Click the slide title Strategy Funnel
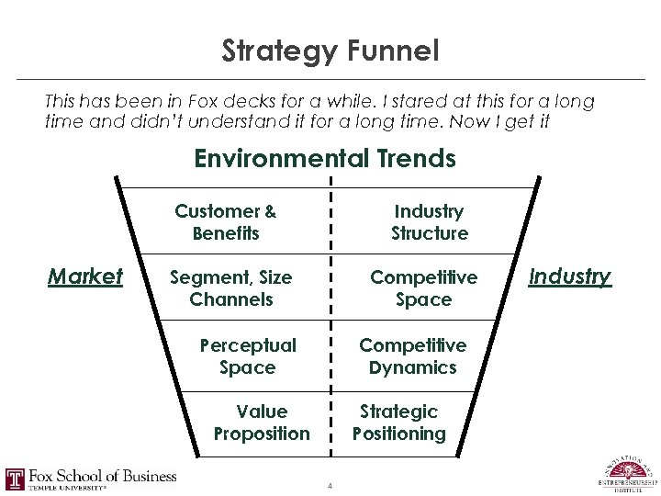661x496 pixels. point(330,51)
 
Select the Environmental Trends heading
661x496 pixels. point(325,159)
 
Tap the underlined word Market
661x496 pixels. point(84,276)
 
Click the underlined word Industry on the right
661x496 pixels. point(570,276)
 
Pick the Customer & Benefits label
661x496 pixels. point(226,222)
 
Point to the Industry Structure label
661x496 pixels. point(429,222)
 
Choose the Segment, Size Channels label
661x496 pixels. point(231,287)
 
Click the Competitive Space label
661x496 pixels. point(423,287)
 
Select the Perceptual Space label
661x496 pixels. point(248,356)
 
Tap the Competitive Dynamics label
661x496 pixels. point(412,356)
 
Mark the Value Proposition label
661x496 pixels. point(262,423)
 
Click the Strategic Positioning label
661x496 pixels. point(398,423)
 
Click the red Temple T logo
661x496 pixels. point(16,479)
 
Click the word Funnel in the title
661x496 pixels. point(394,51)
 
